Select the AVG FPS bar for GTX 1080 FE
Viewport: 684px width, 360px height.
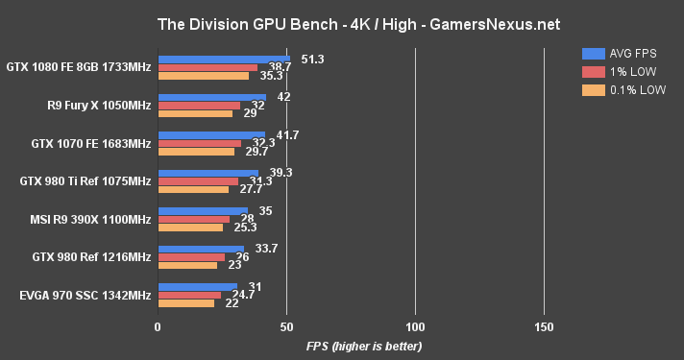coord(224,59)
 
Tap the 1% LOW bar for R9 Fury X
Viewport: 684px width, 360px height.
coord(199,105)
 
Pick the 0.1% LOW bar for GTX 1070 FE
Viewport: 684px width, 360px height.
coord(196,151)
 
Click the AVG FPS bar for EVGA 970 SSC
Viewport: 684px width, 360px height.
coord(197,286)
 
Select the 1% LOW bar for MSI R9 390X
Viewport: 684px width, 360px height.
coord(193,218)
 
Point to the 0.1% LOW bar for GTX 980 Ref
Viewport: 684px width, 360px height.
coord(187,264)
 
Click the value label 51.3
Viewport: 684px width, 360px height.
coord(312,60)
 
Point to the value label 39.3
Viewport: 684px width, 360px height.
coord(281,173)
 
